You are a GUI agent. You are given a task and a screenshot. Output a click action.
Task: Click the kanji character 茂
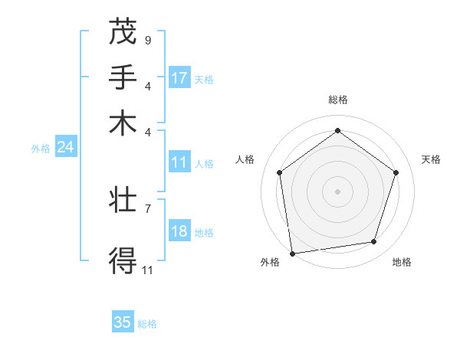coord(123,31)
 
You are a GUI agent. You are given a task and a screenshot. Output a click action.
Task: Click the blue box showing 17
coord(179,78)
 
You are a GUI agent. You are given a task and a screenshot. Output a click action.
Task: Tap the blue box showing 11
coord(179,162)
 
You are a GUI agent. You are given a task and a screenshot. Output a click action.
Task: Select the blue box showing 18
coord(179,232)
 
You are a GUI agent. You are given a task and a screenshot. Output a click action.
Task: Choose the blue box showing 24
coord(65,147)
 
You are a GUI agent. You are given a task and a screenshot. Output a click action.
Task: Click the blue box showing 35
coord(123,322)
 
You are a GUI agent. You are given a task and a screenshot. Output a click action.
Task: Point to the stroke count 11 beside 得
coord(148,270)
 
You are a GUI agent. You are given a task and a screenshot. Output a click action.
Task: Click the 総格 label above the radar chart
coord(337,100)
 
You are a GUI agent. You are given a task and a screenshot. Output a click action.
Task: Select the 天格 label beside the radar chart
coord(432,159)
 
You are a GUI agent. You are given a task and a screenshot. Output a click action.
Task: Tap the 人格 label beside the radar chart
coord(245,159)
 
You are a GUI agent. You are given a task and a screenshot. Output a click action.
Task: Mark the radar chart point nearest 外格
coord(292,253)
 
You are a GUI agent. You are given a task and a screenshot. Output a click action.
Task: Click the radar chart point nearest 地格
coord(374,242)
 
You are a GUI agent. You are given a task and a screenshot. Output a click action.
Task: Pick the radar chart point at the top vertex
coord(337,130)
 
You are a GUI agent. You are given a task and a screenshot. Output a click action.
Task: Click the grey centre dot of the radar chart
coord(337,191)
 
